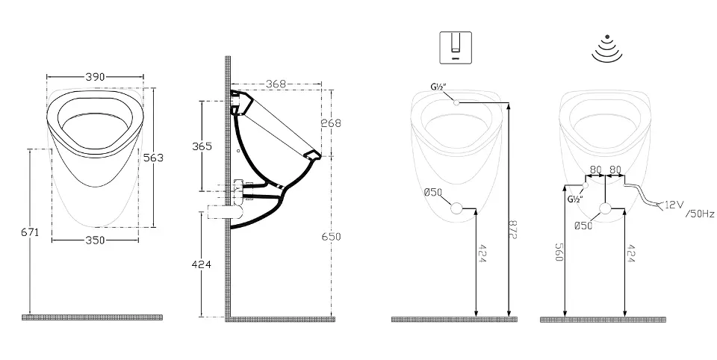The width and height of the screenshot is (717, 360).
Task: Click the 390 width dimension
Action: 95,77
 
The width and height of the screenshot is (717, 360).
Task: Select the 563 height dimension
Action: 154,158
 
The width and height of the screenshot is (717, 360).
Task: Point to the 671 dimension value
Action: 30,232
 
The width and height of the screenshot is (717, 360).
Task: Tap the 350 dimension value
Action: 95,240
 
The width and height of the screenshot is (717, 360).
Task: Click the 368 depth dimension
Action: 276,84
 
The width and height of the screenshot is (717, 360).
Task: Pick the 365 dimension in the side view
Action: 202,146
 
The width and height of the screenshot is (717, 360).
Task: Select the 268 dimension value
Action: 331,123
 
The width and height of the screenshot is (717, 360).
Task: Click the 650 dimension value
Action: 331,237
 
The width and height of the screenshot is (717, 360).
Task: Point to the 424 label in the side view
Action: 201,264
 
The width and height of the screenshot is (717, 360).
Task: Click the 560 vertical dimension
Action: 559,252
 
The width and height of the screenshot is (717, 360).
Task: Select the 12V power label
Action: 674,205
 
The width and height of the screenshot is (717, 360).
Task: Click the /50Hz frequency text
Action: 700,214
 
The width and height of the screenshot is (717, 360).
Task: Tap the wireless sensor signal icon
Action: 606,49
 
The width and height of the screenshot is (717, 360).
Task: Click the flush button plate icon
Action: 455,48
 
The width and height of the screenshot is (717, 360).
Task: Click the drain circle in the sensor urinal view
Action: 605,208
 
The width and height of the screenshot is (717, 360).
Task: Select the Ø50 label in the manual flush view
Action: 433,192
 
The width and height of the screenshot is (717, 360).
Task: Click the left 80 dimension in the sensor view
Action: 595,170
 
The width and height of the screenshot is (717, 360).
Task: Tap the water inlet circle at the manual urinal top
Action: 456,102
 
